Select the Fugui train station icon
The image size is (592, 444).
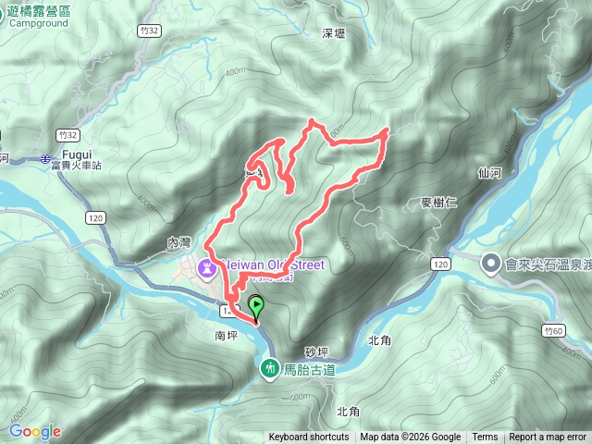click(46, 160)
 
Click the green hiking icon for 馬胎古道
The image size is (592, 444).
click(270, 369)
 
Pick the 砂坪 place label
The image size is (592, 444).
click(316, 352)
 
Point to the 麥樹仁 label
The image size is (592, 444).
click(433, 203)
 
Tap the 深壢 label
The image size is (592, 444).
click(333, 32)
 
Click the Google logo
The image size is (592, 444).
click(35, 431)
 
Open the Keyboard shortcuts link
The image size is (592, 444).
click(309, 438)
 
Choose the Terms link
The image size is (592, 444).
click(485, 438)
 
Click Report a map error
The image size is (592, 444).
click(548, 438)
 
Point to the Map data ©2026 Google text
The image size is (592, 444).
click(411, 438)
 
